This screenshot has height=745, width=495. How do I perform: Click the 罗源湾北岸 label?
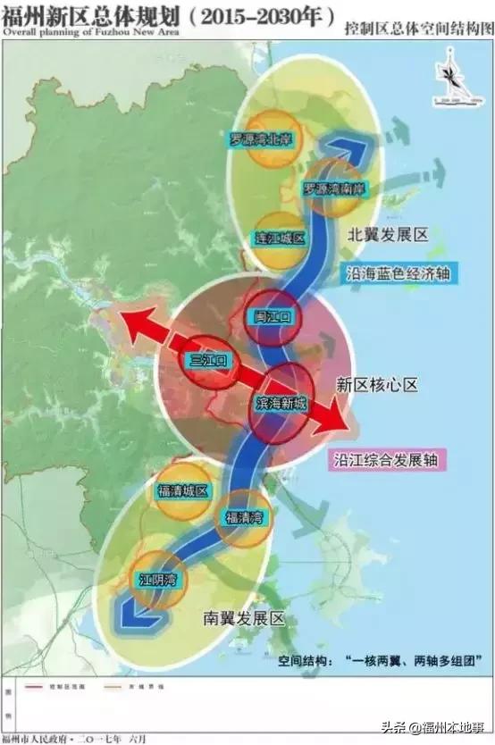(261, 139)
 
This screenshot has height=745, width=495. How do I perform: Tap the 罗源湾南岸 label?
(333, 189)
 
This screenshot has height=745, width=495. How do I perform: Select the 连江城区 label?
(280, 238)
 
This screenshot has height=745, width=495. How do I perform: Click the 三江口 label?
(210, 360)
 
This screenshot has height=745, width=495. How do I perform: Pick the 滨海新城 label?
(281, 404)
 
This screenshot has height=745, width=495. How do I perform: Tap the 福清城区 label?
(182, 490)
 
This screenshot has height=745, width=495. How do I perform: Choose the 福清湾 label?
(243, 518)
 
